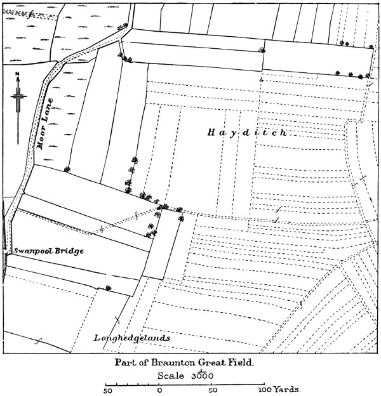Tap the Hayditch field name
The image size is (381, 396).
248,133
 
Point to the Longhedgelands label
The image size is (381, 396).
131,338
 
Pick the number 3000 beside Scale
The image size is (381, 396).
200,375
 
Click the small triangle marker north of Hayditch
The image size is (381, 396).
261,80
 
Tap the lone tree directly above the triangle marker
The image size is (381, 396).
262,49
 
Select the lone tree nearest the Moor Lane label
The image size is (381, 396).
67,169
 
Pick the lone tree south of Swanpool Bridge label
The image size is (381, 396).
108,287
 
